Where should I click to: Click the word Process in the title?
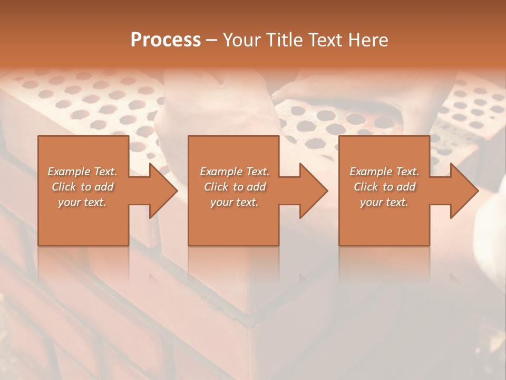pyautogui.click(x=166, y=40)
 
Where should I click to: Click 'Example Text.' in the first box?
pyautogui.click(x=82, y=172)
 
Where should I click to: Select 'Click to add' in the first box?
pyautogui.click(x=82, y=187)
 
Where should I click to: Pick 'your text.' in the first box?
pyautogui.click(x=82, y=202)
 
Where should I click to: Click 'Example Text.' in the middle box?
pyautogui.click(x=235, y=172)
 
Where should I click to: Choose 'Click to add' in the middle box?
pyautogui.click(x=235, y=187)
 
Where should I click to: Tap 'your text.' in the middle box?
pyautogui.click(x=235, y=202)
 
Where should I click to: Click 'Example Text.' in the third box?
pyautogui.click(x=384, y=172)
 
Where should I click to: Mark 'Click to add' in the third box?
pyautogui.click(x=384, y=187)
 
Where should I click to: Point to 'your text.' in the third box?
pyautogui.click(x=384, y=202)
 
